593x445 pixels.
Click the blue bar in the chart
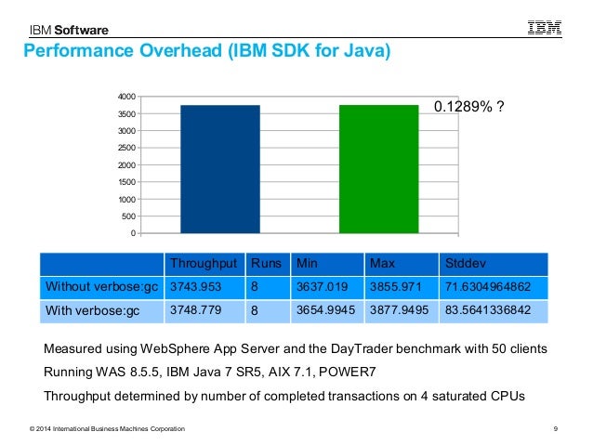(219, 169)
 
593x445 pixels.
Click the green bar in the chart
(378, 169)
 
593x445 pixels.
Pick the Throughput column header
(204, 263)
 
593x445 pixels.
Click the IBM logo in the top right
(545, 28)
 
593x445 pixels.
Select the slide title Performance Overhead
(204, 51)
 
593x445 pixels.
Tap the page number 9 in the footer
(554, 427)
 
